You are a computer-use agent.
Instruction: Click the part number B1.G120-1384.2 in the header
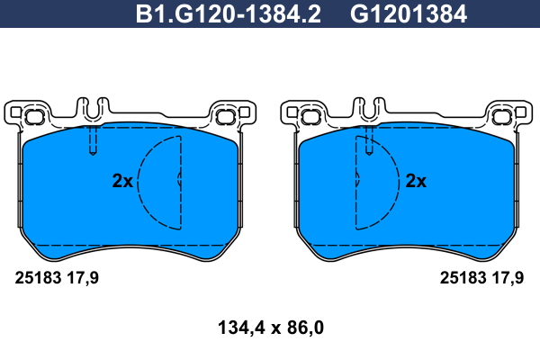[229, 14]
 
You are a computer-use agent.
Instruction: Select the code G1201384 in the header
[409, 14]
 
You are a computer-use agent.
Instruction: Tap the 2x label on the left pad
[122, 181]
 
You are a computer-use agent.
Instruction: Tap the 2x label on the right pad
[416, 181]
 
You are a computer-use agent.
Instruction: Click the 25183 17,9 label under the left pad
[57, 278]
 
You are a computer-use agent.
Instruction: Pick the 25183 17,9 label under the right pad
[481, 278]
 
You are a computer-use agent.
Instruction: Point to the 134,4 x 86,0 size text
[271, 328]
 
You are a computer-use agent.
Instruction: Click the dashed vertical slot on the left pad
[93, 140]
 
